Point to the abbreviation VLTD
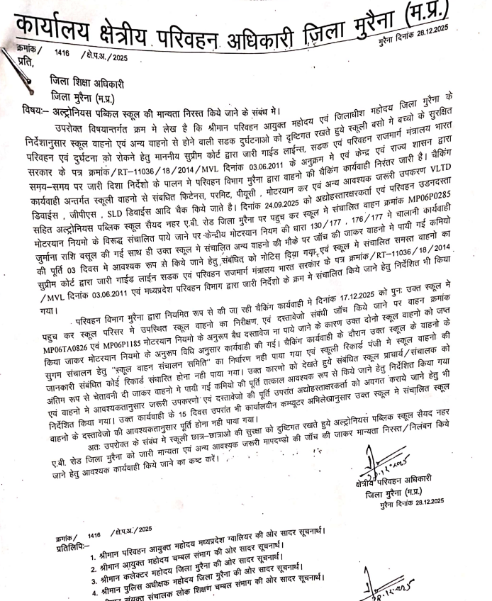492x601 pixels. pos(465,173)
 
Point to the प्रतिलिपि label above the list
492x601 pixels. pos(74,546)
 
